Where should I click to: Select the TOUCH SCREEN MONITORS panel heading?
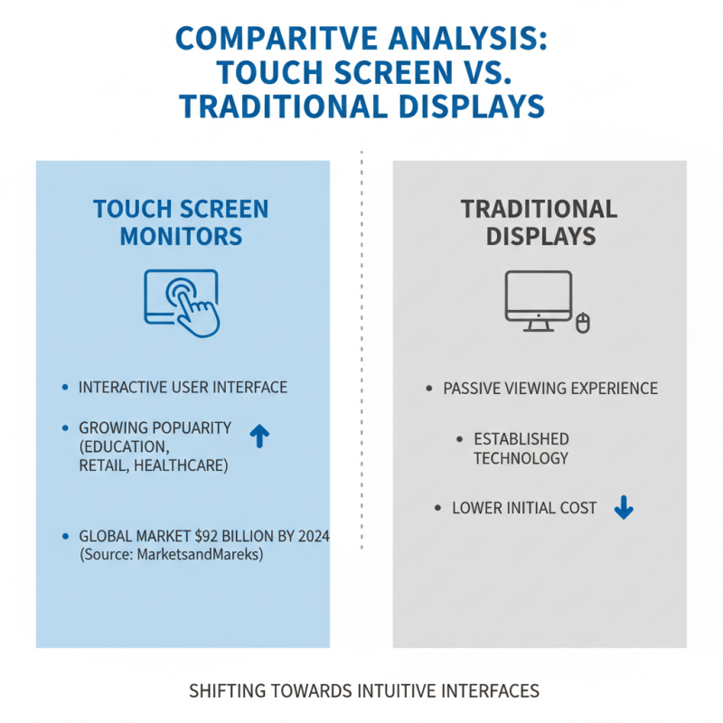coord(181,222)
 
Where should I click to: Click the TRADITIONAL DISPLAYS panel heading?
coord(540,222)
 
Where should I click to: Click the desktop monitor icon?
coord(538,299)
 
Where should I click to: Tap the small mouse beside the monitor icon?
coord(583,321)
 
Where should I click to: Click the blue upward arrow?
coord(259,437)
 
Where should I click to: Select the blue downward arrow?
coord(623,508)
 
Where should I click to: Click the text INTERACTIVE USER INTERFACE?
coord(183,387)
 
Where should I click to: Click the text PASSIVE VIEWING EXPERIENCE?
coord(549,389)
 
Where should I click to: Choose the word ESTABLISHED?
coord(521,439)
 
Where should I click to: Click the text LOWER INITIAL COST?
coord(524,508)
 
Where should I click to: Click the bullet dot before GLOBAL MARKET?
coord(65,537)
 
